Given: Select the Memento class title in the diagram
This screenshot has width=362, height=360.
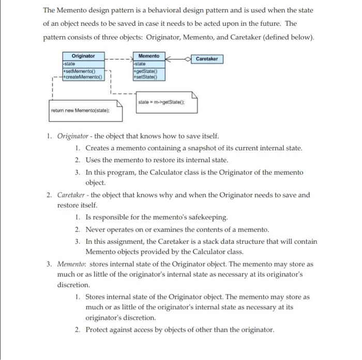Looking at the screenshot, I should (x=149, y=55).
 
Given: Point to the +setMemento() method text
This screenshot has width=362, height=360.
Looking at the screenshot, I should (x=79, y=71).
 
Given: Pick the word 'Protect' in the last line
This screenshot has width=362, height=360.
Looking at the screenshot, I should (x=97, y=330).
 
